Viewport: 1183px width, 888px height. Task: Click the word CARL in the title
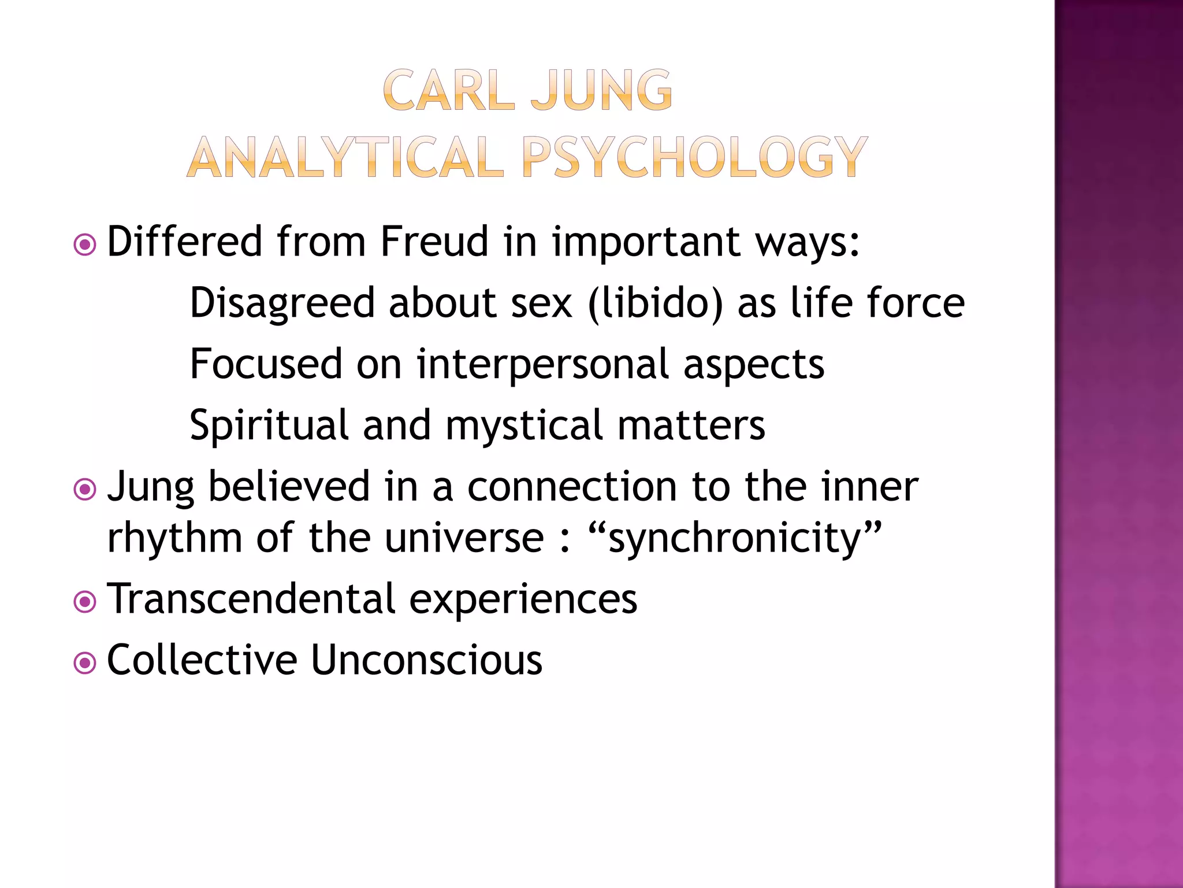[448, 90]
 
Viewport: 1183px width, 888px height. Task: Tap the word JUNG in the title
[601, 90]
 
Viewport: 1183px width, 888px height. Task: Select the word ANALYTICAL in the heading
[345, 157]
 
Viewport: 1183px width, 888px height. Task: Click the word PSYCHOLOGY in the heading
[694, 157]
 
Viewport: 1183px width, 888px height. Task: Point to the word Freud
[434, 241]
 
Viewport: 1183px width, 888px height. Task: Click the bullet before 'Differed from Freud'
[85, 245]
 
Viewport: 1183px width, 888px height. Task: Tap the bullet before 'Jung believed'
[85, 490]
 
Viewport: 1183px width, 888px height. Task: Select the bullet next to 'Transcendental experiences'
[85, 602]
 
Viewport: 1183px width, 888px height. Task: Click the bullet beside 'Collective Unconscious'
[85, 663]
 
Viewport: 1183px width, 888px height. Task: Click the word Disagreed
[282, 303]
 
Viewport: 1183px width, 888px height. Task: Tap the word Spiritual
[269, 425]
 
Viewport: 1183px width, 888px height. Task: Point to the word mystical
[524, 425]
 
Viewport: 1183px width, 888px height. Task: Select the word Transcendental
[251, 598]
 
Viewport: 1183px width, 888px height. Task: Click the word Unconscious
[427, 660]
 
